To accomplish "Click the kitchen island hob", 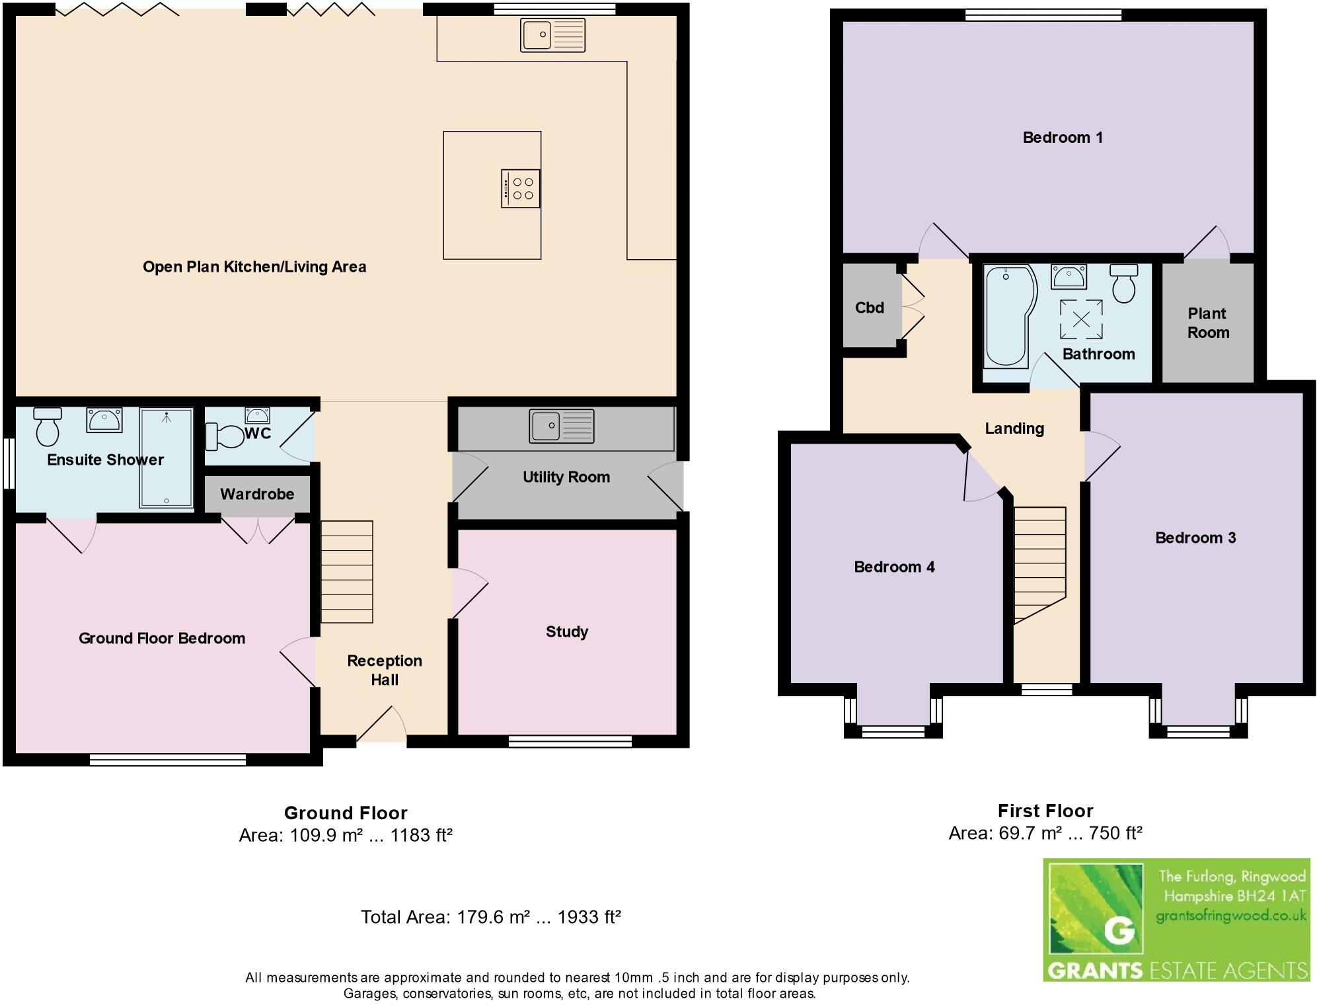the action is (521, 189).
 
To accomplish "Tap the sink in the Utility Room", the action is (562, 426).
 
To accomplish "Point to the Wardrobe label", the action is (257, 494).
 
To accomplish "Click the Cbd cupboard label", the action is (870, 307).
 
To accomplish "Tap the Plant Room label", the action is (1208, 323).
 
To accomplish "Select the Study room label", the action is (567, 632).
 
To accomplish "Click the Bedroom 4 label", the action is (894, 567).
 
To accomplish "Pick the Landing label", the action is (1014, 428).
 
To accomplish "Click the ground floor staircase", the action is (347, 572).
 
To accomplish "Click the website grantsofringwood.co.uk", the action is (1231, 916).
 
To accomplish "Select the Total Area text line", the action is (490, 917).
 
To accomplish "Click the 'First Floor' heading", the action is (1045, 811).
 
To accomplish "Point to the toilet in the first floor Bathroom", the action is (1123, 283).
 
